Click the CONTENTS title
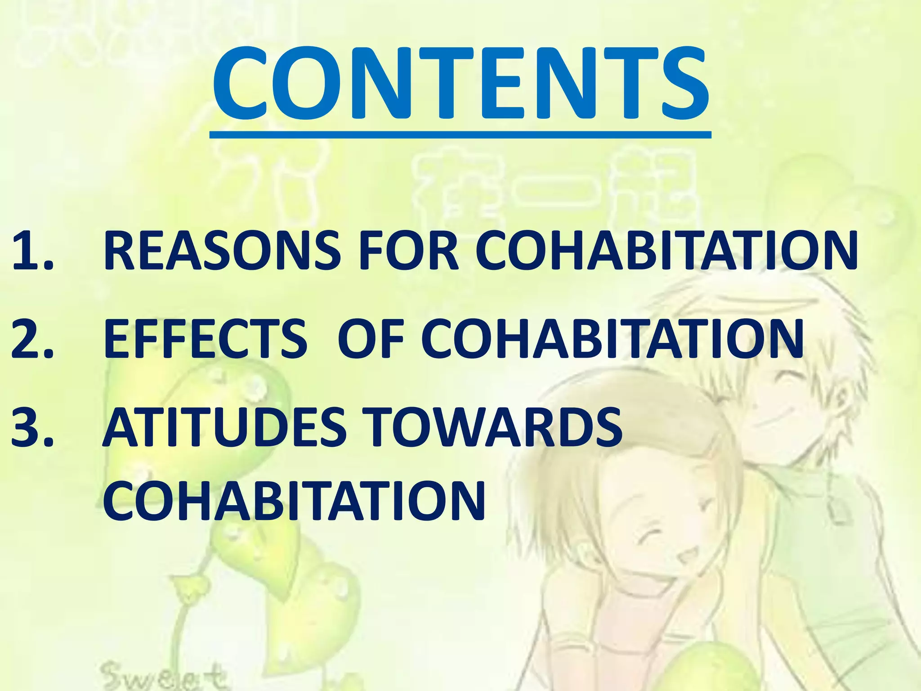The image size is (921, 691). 460,85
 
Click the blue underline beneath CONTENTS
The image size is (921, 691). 460,134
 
